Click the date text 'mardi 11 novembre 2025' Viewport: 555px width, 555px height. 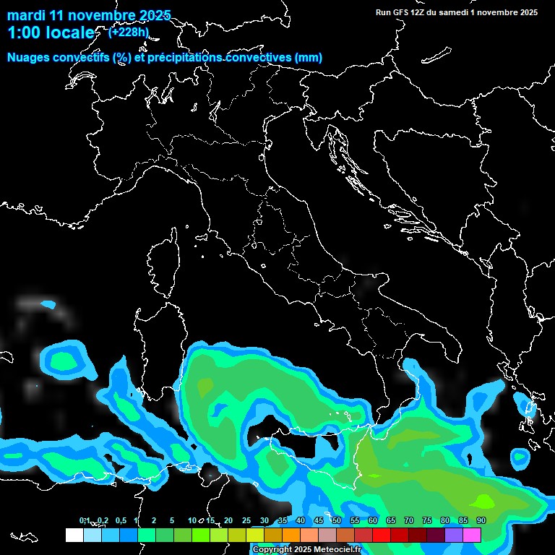click(x=89, y=15)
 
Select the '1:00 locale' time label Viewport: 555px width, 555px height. click(x=51, y=33)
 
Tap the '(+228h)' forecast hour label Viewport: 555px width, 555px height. click(x=129, y=32)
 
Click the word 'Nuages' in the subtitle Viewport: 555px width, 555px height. click(x=29, y=58)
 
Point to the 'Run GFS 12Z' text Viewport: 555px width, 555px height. click(x=402, y=12)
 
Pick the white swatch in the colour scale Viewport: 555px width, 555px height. click(x=74, y=535)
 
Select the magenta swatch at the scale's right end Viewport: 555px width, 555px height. click(x=472, y=535)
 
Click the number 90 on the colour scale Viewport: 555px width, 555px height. click(x=481, y=520)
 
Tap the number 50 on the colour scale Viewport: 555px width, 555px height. click(x=337, y=520)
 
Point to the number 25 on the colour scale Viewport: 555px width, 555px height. click(x=246, y=520)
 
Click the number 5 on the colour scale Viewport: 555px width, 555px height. click(x=172, y=520)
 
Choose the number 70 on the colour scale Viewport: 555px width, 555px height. click(x=409, y=520)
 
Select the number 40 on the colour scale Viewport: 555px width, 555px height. click(x=301, y=520)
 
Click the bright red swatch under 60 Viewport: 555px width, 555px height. click(x=382, y=535)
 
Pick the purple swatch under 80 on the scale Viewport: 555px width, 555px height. click(x=454, y=535)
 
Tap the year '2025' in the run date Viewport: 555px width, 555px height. click(x=529, y=12)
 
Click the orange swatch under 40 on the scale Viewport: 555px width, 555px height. click(x=291, y=535)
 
